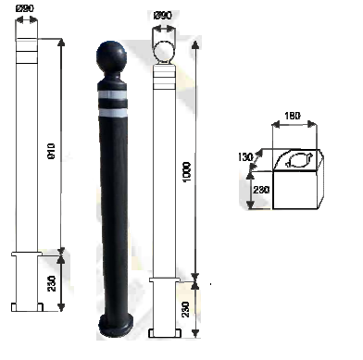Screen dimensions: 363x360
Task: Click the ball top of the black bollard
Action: (111, 56)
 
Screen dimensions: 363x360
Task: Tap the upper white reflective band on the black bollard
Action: (112, 95)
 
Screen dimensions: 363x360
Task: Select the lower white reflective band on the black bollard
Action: (113, 113)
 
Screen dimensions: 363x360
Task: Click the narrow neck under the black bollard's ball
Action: (111, 77)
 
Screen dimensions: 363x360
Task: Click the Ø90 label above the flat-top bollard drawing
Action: (25, 8)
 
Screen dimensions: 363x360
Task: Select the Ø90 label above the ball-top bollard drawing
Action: (162, 15)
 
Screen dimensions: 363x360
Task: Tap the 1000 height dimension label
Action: (187, 172)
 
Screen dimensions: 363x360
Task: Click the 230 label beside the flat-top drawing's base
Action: (52, 283)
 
